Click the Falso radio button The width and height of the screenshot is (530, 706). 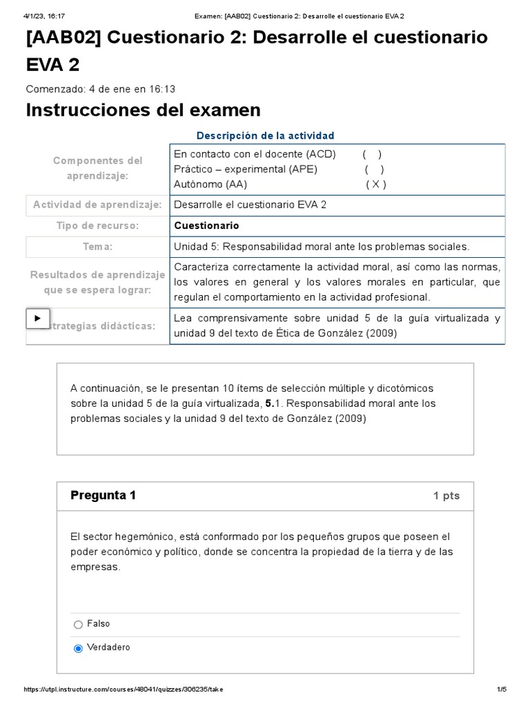pos(78,625)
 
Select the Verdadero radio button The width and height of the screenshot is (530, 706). pos(78,648)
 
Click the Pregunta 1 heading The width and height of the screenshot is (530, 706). pos(104,496)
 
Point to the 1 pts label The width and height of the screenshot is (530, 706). pos(446,496)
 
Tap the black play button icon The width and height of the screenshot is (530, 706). pos(37,319)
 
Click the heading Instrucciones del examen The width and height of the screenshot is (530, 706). pos(143,110)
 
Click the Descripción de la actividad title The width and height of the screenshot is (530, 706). pos(265,136)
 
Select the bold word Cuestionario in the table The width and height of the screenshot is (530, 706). pos(206,225)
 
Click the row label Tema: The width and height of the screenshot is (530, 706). pos(97,247)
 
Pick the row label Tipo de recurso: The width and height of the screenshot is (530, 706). pos(97,225)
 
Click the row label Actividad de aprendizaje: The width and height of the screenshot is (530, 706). pos(97,205)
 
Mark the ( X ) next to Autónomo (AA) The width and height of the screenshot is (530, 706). pos(375,184)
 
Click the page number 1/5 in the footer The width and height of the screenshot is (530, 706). pos(502,689)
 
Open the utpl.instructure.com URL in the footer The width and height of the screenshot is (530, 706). pos(124,689)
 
